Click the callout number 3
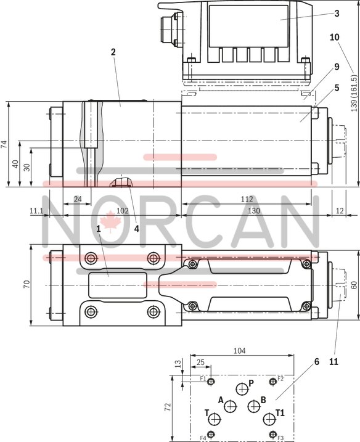(337, 12)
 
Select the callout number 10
(335, 37)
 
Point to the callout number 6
(317, 361)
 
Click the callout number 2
(113, 52)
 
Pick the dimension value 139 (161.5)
(353, 94)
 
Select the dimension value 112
(247, 198)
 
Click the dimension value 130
(253, 211)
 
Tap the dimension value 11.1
(36, 211)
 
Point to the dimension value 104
(240, 351)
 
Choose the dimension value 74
(4, 145)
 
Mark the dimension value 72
(167, 408)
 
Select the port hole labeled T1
(268, 419)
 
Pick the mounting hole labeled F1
(211, 382)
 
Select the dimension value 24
(78, 198)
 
